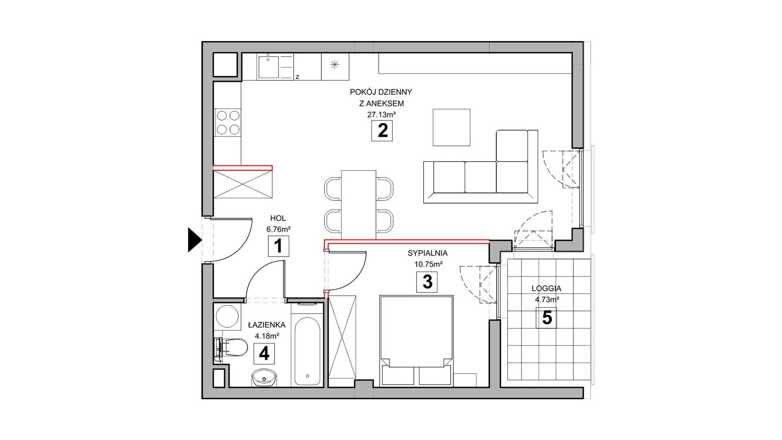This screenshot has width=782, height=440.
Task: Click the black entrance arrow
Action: point(194,240)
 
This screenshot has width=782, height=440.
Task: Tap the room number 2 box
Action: point(382,131)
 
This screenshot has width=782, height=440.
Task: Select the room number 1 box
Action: point(278,246)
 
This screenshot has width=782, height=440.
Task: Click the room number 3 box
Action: point(427,282)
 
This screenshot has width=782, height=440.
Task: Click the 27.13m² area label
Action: point(382,114)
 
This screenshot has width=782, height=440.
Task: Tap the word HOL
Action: point(278,218)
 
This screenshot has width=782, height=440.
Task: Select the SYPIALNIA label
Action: point(428,253)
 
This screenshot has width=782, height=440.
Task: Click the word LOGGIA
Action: point(547,288)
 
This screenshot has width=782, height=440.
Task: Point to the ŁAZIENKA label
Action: point(267,325)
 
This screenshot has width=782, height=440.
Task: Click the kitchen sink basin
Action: point(268,68)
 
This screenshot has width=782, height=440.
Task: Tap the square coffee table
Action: point(451,127)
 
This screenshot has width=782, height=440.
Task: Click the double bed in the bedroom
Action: point(416,341)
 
